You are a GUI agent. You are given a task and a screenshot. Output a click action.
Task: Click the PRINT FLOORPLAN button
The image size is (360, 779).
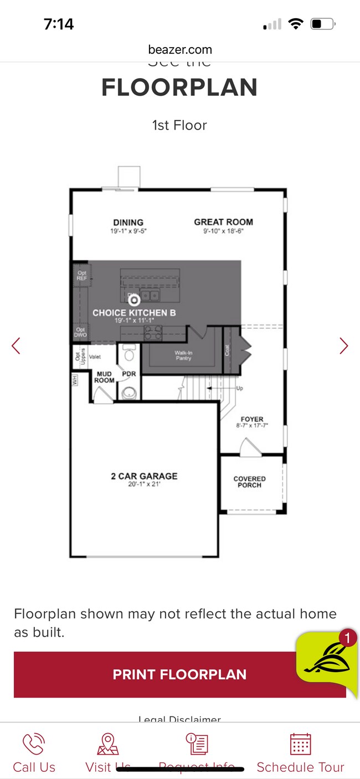(179, 674)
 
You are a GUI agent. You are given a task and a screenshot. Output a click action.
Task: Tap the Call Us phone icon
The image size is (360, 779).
(34, 745)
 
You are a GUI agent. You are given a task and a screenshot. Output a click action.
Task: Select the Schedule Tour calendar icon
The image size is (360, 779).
(300, 745)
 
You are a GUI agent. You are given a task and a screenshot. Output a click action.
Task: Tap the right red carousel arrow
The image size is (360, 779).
(344, 346)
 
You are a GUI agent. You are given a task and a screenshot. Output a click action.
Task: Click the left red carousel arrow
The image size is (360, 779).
(16, 346)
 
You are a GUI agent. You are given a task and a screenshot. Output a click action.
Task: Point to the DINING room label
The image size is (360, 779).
(128, 223)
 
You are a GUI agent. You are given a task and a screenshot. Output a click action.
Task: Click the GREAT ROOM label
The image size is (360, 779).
(223, 222)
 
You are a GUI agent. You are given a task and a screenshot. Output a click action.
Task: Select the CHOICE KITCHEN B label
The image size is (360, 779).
(134, 313)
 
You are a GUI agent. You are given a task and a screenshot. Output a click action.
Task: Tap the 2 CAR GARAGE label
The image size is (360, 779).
(144, 476)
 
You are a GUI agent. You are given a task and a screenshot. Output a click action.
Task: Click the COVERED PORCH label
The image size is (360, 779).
(249, 482)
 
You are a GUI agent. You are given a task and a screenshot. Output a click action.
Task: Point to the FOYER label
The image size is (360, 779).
(252, 420)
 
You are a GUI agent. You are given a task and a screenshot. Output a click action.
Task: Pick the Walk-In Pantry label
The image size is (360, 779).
(183, 355)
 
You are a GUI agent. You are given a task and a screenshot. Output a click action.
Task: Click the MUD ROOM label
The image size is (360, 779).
(104, 377)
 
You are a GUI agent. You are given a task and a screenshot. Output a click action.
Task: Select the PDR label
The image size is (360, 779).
(129, 374)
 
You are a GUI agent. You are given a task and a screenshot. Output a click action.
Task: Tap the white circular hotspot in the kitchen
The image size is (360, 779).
(133, 300)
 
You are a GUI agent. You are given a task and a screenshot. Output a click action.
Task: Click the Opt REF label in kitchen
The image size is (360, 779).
(82, 276)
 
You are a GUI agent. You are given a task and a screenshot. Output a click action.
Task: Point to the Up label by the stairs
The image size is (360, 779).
(240, 389)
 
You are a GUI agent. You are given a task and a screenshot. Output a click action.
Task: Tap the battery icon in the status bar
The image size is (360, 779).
(322, 24)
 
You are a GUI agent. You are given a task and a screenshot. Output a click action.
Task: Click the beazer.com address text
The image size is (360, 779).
(180, 50)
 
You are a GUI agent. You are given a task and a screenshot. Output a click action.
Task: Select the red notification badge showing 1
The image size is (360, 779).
(347, 638)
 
